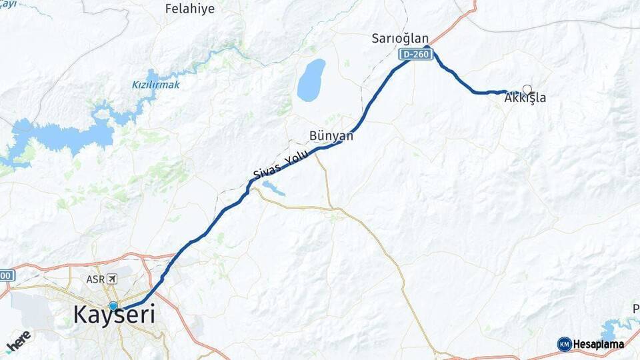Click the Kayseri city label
[114, 315]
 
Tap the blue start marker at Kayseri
[113, 306]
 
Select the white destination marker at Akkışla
[527, 89]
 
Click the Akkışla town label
[525, 99]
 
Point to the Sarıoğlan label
[400, 39]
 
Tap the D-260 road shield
[416, 55]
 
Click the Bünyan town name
[331, 135]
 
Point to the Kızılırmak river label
[155, 85]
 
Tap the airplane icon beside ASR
[111, 279]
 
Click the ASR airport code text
[95, 279]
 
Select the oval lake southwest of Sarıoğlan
[311, 79]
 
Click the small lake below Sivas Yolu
[274, 189]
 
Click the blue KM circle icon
[564, 344]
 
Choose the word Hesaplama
[599, 344]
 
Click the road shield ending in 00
[5, 275]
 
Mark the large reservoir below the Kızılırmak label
[67, 137]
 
